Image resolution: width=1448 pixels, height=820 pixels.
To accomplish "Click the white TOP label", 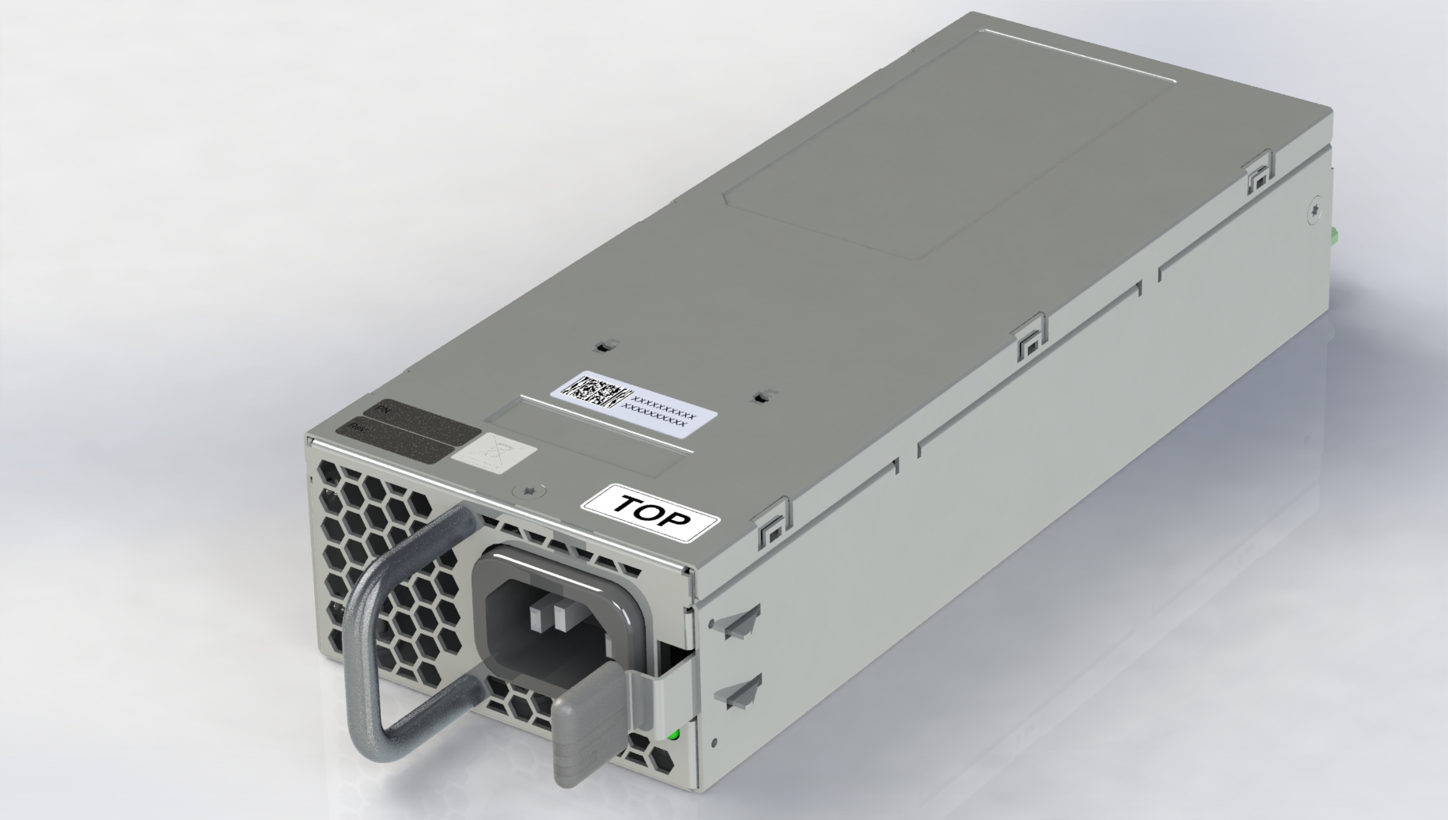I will coord(651,514).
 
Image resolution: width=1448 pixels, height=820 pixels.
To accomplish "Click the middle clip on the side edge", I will coord(1029,336).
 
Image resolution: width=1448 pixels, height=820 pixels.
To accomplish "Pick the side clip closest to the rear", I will coord(1257,178).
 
